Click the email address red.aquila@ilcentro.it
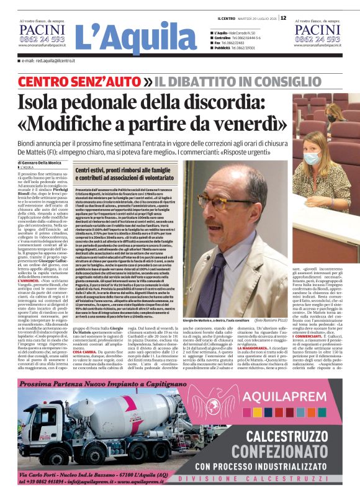(52, 61)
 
